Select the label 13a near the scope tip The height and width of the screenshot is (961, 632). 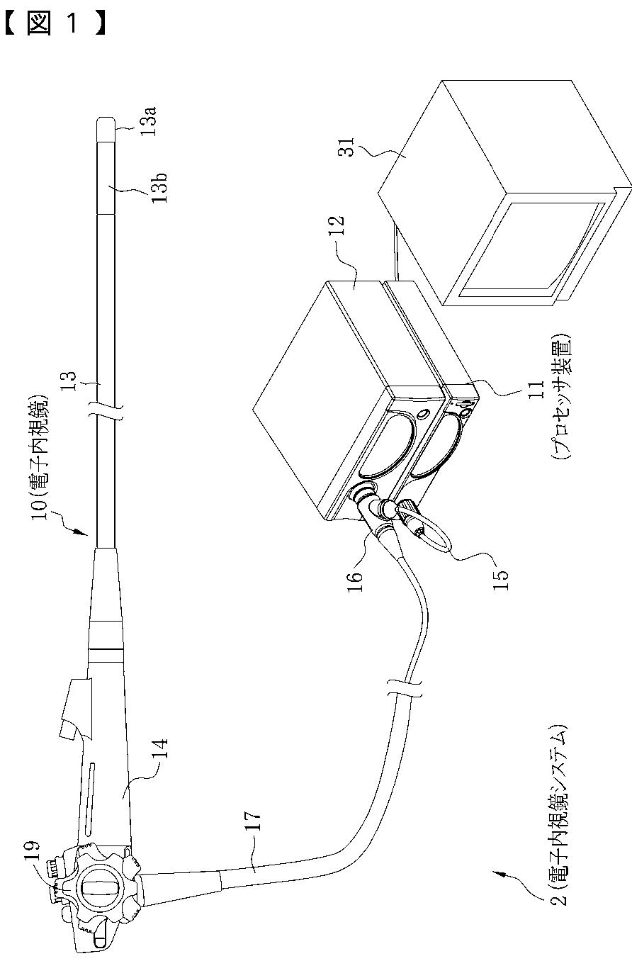point(148,121)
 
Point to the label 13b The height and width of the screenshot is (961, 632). point(159,188)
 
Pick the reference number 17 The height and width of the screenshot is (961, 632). point(252,821)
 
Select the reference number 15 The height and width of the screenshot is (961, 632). point(500,580)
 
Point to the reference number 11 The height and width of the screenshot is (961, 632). point(536,390)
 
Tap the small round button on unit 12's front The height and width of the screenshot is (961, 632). point(423,415)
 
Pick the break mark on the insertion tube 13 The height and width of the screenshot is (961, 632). point(106,410)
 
